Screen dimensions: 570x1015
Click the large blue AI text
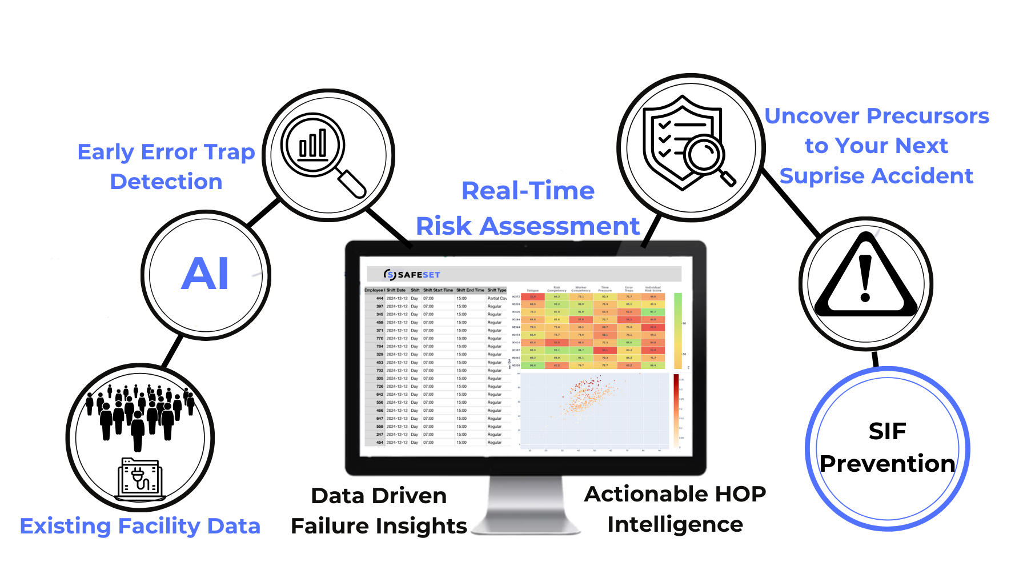(x=206, y=274)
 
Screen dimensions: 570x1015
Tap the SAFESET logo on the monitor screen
(x=412, y=275)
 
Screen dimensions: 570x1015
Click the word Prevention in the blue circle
(x=887, y=464)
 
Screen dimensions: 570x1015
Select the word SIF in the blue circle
(x=887, y=431)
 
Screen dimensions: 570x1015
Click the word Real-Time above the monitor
(x=528, y=191)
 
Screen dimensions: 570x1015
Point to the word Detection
(x=166, y=182)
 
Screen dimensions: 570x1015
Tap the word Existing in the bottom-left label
(x=65, y=526)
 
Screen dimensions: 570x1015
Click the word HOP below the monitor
(x=741, y=494)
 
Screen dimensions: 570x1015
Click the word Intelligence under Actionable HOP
(x=675, y=524)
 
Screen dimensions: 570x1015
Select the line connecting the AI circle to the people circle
(x=172, y=351)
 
